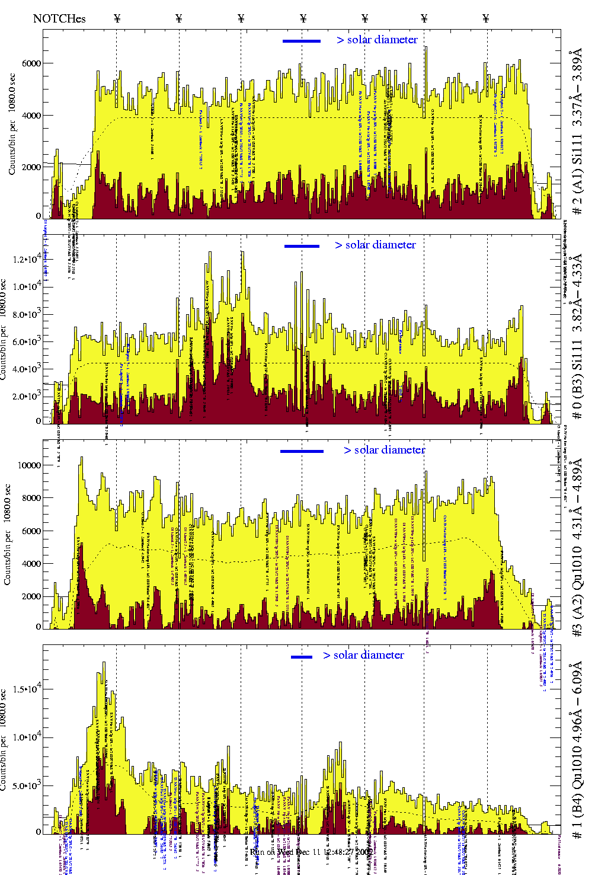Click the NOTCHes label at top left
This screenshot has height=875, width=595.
click(59, 18)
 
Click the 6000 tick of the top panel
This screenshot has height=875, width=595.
click(31, 63)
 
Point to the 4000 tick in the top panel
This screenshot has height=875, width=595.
click(31, 116)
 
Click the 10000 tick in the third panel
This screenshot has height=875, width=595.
click(30, 465)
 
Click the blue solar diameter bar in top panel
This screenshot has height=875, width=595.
click(302, 41)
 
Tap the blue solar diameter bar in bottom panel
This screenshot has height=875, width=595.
click(302, 657)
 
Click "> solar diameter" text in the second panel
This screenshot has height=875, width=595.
click(375, 245)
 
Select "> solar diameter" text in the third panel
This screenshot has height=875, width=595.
click(384, 450)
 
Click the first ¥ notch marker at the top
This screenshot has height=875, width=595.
click(117, 18)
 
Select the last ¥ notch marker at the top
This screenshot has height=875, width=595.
click(486, 18)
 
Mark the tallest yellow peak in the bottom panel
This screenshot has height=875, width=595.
click(104, 664)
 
